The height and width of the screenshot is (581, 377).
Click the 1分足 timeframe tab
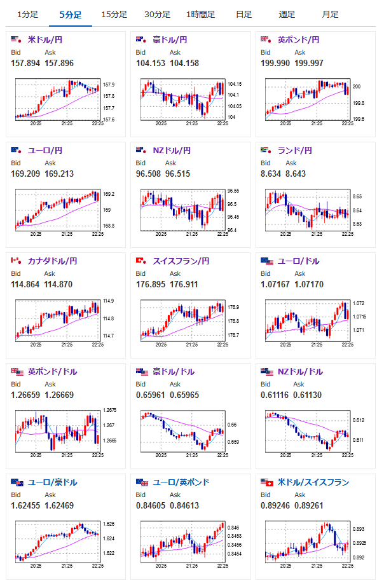(27, 15)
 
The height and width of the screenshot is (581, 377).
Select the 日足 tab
(243, 15)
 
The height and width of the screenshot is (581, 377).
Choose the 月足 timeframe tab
(330, 15)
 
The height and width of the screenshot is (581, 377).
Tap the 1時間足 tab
(200, 15)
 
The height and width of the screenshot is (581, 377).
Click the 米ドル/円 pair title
(45, 39)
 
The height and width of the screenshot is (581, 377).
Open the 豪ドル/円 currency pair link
(170, 39)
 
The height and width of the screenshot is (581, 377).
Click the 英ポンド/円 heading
(298, 39)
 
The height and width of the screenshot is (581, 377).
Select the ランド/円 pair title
(295, 151)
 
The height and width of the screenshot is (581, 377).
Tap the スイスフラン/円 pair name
(181, 261)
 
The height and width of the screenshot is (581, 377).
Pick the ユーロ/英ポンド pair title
(181, 482)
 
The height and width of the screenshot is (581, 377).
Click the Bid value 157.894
(25, 64)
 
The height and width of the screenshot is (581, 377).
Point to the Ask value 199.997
(309, 64)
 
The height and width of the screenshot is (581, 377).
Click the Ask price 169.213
(59, 174)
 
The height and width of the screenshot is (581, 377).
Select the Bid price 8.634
(271, 174)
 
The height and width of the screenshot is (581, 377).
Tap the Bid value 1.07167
(275, 285)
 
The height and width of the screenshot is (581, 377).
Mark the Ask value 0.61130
(307, 395)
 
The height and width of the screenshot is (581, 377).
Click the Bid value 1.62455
(25, 506)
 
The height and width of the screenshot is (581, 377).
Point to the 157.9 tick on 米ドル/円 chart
(109, 85)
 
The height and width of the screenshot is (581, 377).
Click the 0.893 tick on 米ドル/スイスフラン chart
(359, 529)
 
